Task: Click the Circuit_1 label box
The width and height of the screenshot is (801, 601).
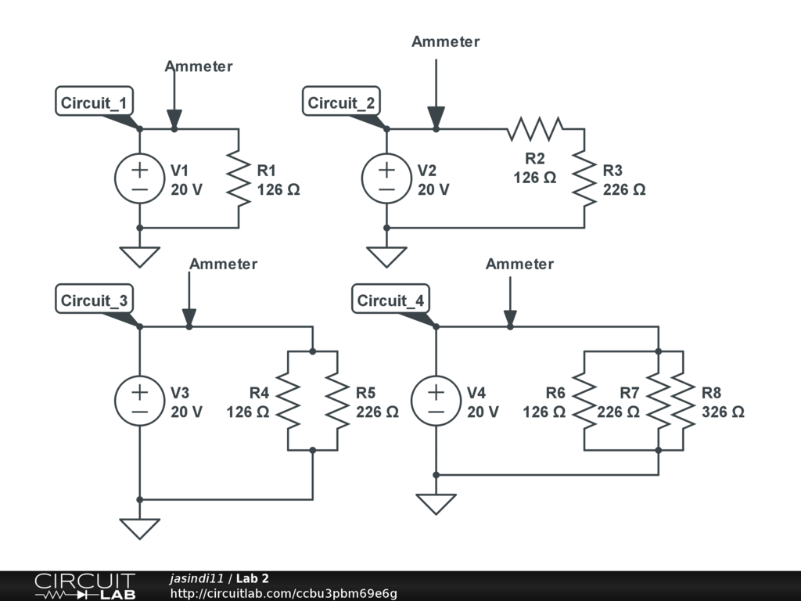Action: (x=94, y=101)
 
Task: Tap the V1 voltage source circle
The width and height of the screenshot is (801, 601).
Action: (x=139, y=178)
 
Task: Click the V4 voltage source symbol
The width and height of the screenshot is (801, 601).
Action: (x=436, y=401)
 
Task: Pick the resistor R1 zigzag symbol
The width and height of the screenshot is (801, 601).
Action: (x=239, y=178)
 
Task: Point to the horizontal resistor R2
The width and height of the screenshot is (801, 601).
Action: (x=535, y=129)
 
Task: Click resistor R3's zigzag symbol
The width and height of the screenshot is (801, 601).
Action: (x=584, y=178)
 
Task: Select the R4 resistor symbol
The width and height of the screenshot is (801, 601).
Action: (x=288, y=401)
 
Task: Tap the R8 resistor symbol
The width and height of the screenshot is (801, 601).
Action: (x=683, y=401)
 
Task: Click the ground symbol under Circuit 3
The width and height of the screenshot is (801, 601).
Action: (x=139, y=528)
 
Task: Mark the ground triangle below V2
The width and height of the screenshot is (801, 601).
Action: (x=386, y=257)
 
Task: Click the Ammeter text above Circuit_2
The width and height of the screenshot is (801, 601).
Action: (x=445, y=41)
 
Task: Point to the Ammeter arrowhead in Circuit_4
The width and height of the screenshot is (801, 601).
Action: (x=510, y=318)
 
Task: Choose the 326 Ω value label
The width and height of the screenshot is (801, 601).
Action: (x=723, y=412)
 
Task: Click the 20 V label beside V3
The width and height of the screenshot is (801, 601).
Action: (x=186, y=412)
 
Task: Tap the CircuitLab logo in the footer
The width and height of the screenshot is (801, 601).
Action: (x=85, y=585)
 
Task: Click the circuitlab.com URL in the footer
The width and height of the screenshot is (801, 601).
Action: (x=283, y=593)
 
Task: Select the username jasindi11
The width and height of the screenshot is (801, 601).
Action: (x=196, y=578)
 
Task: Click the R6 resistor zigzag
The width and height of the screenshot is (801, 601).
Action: (x=584, y=401)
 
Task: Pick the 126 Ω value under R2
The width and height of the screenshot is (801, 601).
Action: (x=535, y=178)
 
